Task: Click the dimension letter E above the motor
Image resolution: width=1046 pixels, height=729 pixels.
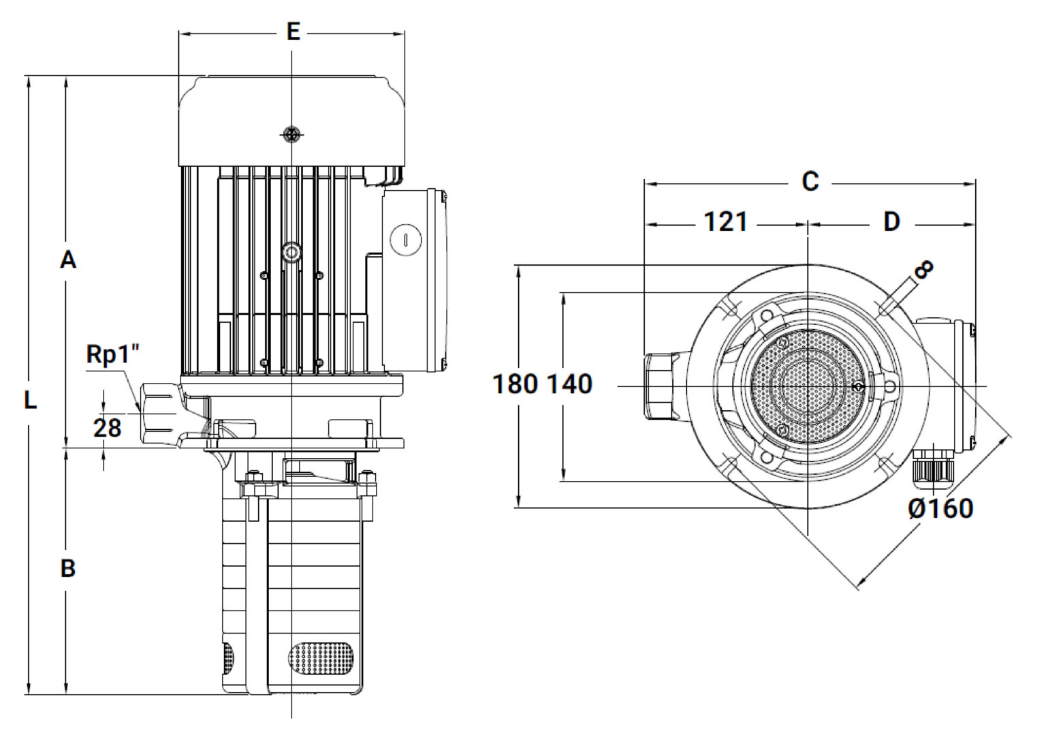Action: (x=293, y=32)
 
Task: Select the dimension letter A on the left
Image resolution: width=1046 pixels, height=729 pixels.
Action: (x=68, y=260)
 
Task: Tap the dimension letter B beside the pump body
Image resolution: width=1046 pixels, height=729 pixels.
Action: (x=68, y=569)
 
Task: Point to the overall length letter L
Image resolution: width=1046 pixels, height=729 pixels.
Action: (x=31, y=401)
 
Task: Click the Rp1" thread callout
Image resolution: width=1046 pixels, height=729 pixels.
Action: (x=113, y=354)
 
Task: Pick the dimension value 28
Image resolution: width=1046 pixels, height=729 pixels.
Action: (x=108, y=428)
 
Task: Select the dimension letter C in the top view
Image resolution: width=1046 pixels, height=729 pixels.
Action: (x=810, y=181)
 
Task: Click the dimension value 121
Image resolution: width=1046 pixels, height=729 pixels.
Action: (x=725, y=222)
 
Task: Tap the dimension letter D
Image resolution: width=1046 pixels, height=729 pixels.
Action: (x=891, y=222)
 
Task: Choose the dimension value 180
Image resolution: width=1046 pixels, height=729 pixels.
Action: (x=516, y=384)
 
